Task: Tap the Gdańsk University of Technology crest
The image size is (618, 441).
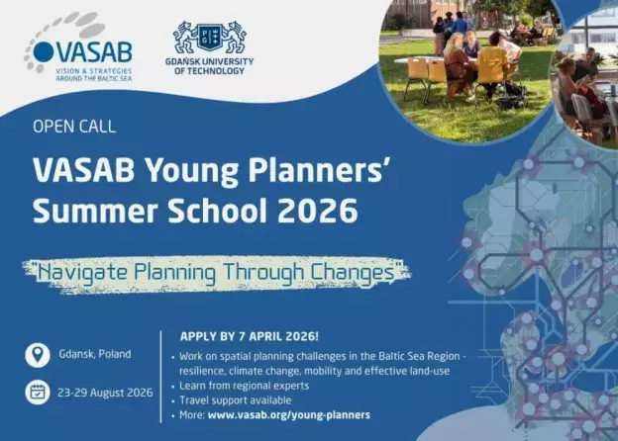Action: point(212,37)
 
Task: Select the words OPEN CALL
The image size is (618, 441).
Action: point(74,127)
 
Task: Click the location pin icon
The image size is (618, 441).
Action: point(37,354)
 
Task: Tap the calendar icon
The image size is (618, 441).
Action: point(37,393)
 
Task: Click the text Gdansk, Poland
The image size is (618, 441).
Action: point(94,354)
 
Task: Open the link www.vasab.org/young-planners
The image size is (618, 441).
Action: point(289,414)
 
